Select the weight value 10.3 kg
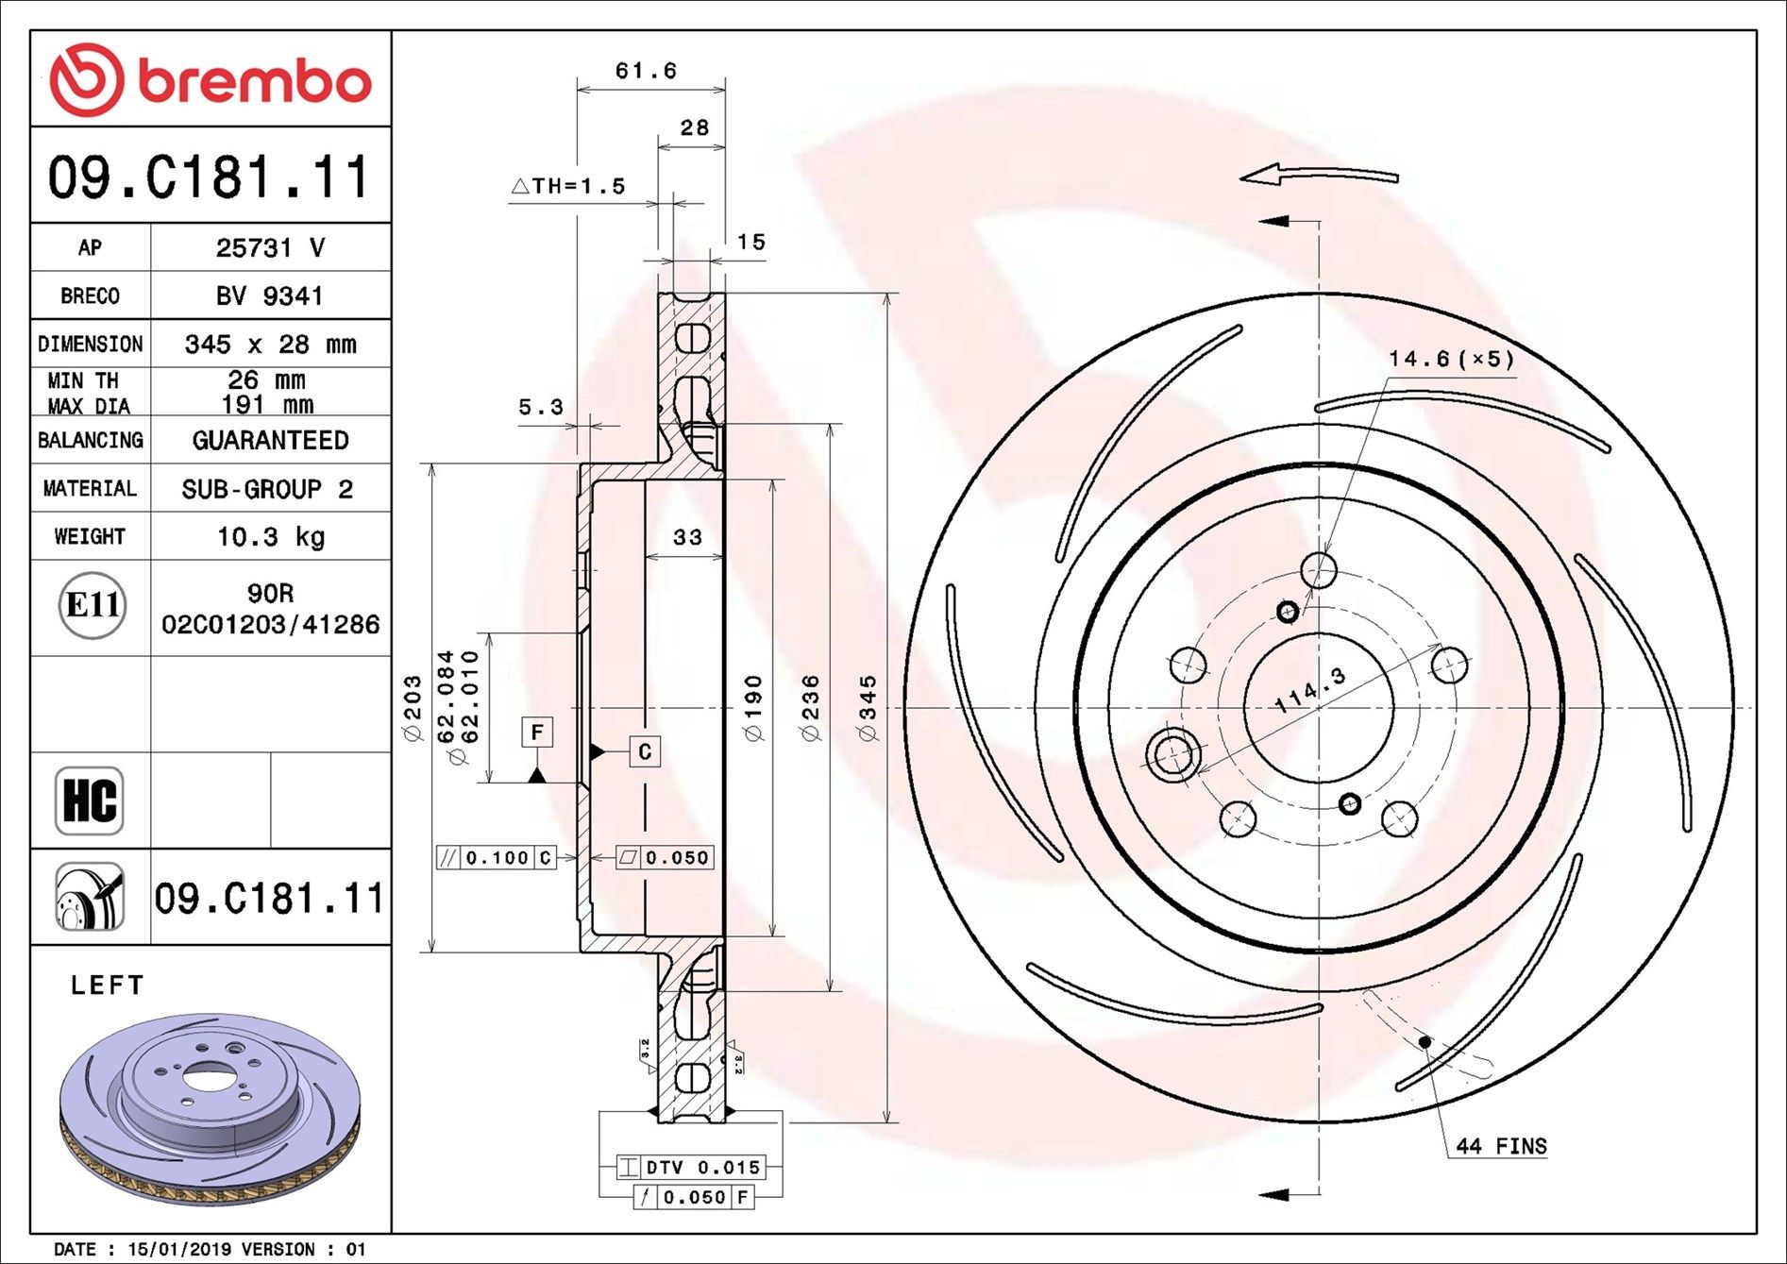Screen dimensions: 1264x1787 point(270,537)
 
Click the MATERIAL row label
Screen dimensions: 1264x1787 point(90,489)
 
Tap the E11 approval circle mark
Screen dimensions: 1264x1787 point(92,604)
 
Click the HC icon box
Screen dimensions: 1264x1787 point(90,801)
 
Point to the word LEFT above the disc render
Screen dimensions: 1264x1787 point(108,986)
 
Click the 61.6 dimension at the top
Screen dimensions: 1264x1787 point(646,71)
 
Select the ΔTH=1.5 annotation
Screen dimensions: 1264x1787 point(568,186)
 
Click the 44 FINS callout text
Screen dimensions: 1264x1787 point(1501,1146)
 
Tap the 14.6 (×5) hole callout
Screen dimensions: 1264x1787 point(1450,359)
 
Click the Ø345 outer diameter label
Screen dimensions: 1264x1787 point(868,708)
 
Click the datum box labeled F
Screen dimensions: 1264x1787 point(537,732)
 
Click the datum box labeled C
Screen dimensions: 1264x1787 point(645,751)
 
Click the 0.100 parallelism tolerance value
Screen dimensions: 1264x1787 point(497,857)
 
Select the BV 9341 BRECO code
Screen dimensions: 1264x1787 point(270,296)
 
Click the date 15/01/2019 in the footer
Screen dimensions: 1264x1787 point(180,1249)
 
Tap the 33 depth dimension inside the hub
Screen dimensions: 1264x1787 point(687,537)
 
